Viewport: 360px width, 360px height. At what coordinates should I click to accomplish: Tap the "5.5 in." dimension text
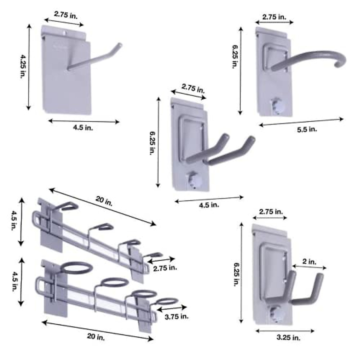point(307,129)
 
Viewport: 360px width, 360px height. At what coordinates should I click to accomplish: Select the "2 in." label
point(309,262)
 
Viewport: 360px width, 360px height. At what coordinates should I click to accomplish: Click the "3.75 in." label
point(176,316)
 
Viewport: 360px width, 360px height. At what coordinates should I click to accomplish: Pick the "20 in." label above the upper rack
point(104,201)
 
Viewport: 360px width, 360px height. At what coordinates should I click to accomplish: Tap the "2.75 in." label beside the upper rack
point(165,268)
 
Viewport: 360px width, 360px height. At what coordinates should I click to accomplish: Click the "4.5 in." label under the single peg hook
point(83,128)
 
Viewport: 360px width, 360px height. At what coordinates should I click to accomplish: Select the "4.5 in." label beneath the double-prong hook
point(209,205)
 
